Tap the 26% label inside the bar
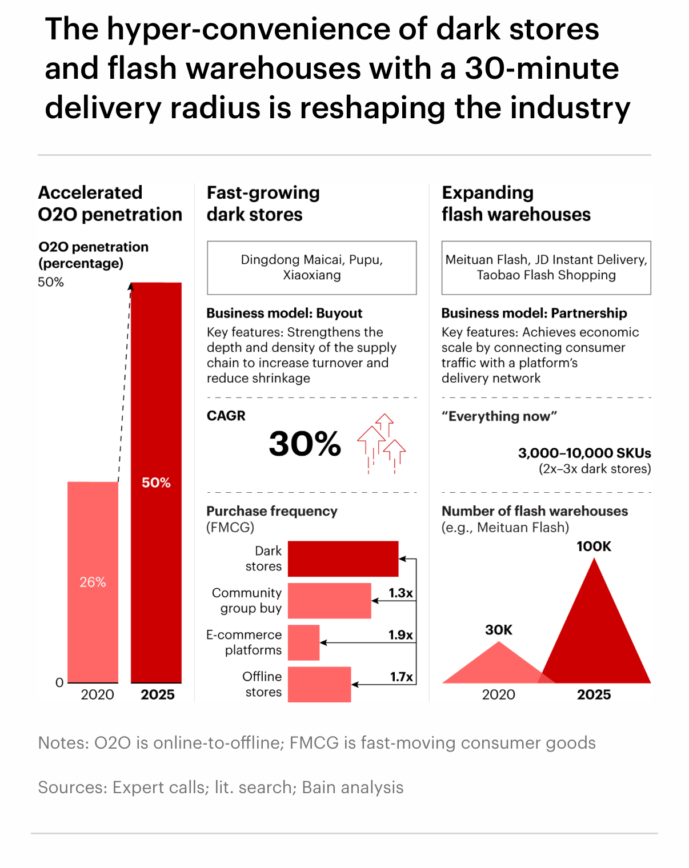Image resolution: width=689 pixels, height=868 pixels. click(x=93, y=582)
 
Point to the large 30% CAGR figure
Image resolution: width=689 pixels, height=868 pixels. click(x=305, y=444)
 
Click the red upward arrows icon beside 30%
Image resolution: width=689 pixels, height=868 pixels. click(x=382, y=443)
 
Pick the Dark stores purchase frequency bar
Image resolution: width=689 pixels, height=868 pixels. click(x=343, y=558)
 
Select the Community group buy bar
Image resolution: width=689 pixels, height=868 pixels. click(x=329, y=600)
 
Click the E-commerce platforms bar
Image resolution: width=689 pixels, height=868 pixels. click(x=303, y=642)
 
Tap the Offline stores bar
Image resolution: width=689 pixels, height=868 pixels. click(x=319, y=684)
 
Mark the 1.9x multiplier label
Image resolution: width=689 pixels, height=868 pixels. click(x=400, y=635)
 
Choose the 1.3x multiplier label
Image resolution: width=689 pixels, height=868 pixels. click(x=400, y=593)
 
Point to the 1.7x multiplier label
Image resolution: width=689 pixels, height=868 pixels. click(x=402, y=677)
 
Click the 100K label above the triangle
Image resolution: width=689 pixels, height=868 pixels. click(x=594, y=546)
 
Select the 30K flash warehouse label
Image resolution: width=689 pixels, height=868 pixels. click(x=499, y=630)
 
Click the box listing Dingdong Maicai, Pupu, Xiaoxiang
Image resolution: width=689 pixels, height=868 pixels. click(x=311, y=268)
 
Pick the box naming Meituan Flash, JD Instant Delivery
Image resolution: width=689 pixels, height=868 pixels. click(x=546, y=268)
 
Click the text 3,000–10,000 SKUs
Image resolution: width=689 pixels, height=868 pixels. click(x=584, y=453)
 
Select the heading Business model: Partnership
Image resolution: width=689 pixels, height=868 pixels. click(x=534, y=313)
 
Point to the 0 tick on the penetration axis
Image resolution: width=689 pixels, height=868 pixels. click(x=59, y=682)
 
